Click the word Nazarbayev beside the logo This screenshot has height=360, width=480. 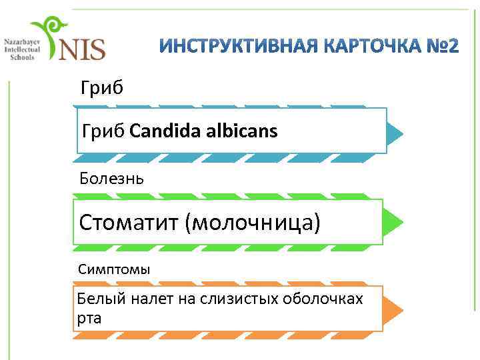point(22,41)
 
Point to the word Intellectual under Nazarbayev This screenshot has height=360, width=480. point(22,49)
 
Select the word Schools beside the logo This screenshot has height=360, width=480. point(22,57)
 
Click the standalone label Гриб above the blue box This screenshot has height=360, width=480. point(101,88)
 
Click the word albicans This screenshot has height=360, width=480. point(247,131)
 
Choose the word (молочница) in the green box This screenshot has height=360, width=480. point(255,223)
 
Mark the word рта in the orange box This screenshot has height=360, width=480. point(89,317)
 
